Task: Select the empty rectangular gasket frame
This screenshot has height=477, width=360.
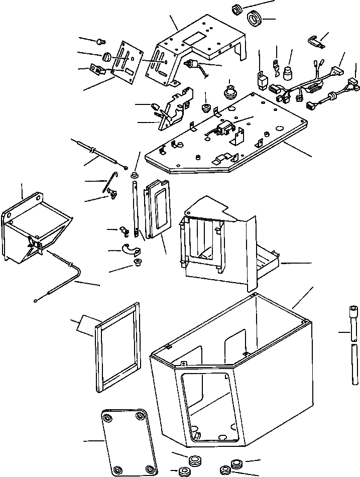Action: point(117,346)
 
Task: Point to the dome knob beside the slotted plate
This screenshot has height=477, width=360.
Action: point(106,57)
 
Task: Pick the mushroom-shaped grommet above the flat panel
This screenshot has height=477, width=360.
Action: point(229,92)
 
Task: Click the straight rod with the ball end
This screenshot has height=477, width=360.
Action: point(100,153)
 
